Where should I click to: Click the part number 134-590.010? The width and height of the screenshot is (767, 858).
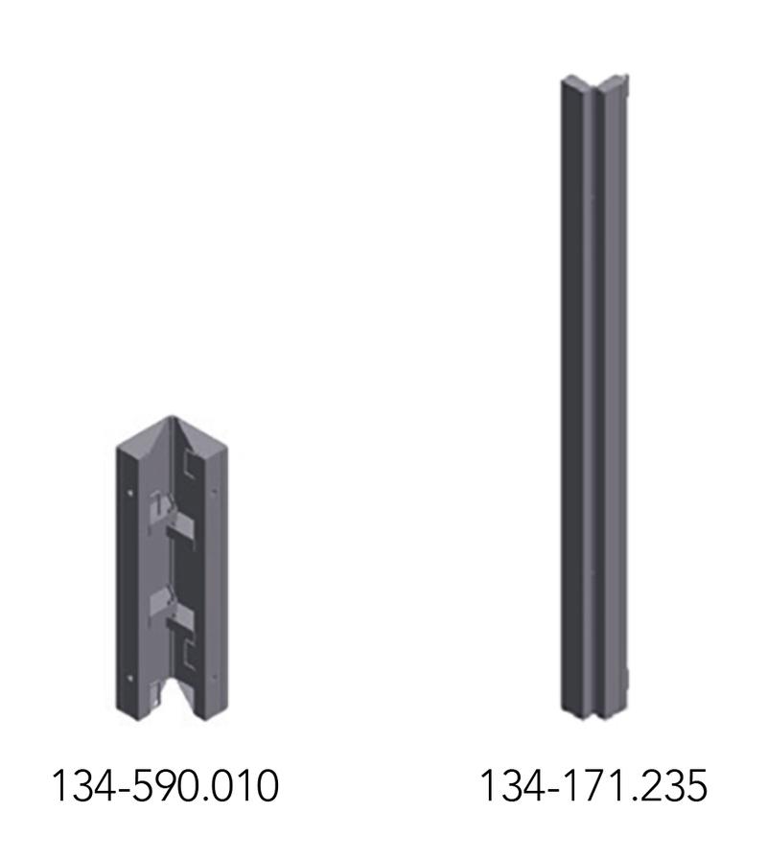pos(165,786)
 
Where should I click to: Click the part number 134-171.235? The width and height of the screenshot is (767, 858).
pos(593,786)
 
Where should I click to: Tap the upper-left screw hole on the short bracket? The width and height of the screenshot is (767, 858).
pos(130,493)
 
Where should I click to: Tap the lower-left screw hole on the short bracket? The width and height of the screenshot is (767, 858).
pos(130,679)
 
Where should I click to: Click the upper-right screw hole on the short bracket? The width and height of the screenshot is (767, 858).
pos(214,492)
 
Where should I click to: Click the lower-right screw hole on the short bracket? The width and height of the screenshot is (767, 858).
pos(214,677)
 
